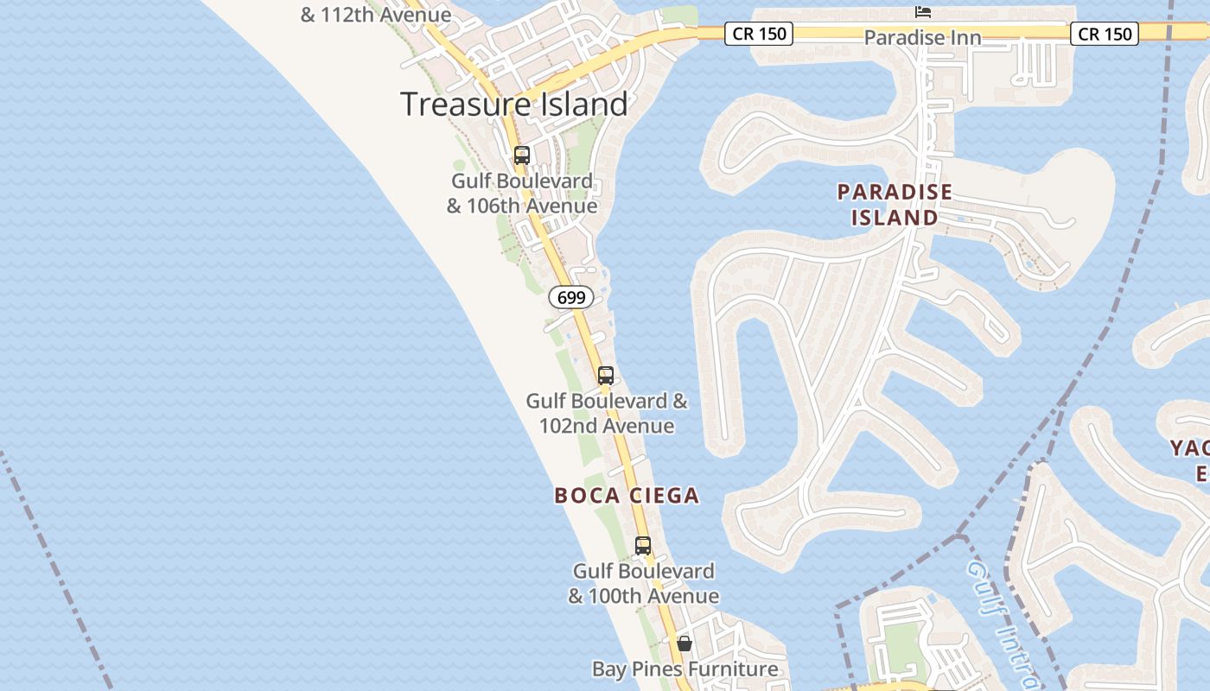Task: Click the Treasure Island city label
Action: (x=514, y=105)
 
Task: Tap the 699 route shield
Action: (x=571, y=297)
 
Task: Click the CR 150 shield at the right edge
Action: (x=1105, y=34)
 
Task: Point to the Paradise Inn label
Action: (x=922, y=38)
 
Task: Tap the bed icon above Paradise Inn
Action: (x=923, y=12)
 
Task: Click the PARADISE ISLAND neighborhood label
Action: (x=895, y=205)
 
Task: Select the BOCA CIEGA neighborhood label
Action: (x=627, y=495)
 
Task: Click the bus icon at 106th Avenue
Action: (x=522, y=155)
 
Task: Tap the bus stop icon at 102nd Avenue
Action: (x=606, y=376)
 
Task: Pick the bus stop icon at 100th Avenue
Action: (x=643, y=546)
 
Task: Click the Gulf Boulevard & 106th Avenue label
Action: (x=522, y=193)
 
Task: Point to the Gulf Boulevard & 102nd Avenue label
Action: (x=607, y=413)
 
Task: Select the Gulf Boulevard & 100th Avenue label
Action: (x=644, y=583)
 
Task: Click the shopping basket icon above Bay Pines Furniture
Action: (x=685, y=643)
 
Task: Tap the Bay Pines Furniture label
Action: (x=685, y=669)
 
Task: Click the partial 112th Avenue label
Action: (x=376, y=15)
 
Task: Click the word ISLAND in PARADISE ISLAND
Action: (x=895, y=218)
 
